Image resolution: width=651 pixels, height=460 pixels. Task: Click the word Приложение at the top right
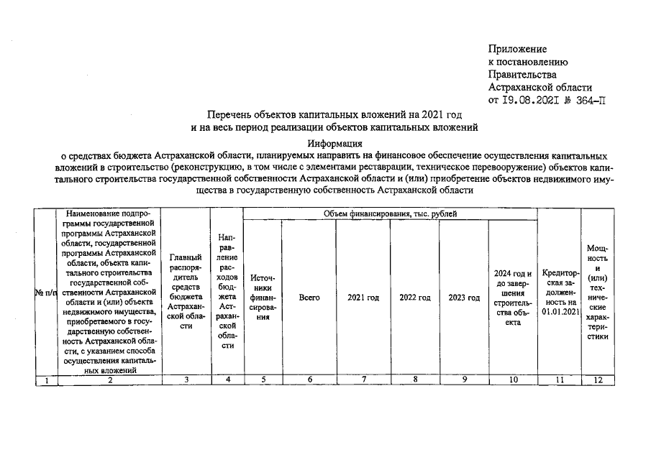pyautogui.click(x=517, y=49)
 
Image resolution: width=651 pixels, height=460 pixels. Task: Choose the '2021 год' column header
pyautogui.click(x=363, y=298)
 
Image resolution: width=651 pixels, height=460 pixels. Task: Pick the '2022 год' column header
pyautogui.click(x=414, y=298)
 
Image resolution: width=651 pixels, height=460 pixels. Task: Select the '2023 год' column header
pyautogui.click(x=463, y=298)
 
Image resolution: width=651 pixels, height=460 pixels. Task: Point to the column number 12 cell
pyautogui.click(x=597, y=380)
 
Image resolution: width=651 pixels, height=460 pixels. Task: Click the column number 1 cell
pyautogui.click(x=46, y=380)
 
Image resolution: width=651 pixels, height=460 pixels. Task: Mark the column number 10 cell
pyautogui.click(x=512, y=380)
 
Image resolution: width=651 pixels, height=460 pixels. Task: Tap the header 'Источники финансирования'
pyautogui.click(x=262, y=298)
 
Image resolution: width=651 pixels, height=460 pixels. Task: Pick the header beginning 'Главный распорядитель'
pyautogui.click(x=186, y=291)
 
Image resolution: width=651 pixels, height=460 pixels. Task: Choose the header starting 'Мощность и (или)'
pyautogui.click(x=597, y=292)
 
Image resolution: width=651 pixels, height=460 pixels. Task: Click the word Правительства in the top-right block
pyautogui.click(x=522, y=74)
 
